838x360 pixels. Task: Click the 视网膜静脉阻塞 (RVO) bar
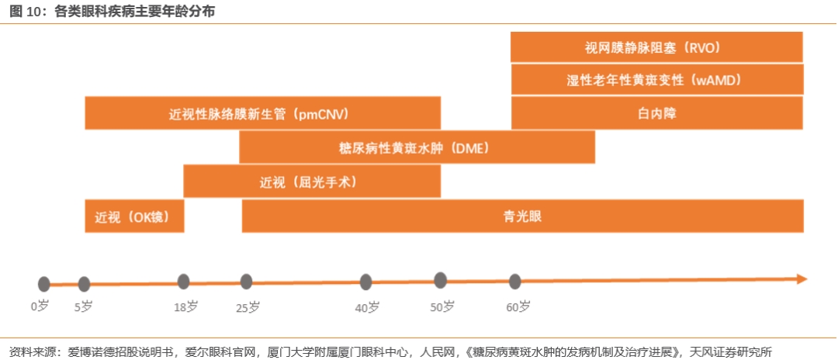[656, 47]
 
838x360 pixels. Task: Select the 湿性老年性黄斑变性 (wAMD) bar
[657, 80]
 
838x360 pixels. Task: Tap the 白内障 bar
[657, 113]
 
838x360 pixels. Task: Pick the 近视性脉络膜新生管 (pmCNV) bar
[262, 113]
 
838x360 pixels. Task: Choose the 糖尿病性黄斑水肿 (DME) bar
[417, 147]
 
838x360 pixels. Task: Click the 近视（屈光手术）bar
[312, 182]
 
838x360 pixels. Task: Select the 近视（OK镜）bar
[134, 216]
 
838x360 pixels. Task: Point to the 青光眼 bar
[523, 216]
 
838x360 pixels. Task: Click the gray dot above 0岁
[43, 284]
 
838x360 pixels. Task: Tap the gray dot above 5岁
[84, 284]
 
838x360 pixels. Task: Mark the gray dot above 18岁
[183, 282]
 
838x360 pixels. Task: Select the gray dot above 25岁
[246, 282]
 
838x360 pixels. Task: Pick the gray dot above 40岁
[365, 282]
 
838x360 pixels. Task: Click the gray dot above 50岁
[440, 280]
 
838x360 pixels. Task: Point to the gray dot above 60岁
[514, 282]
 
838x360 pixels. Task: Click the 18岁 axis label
[186, 306]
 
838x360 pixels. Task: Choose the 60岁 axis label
[518, 306]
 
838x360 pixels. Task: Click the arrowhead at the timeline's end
[801, 279]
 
